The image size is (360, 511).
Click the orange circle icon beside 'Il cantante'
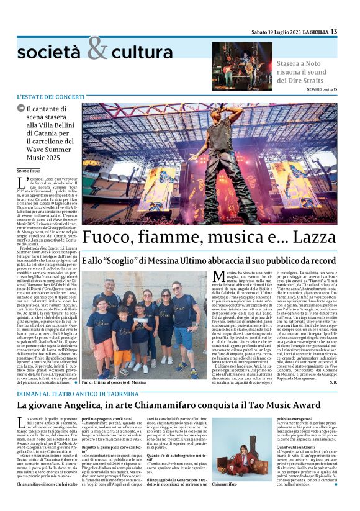(22, 111)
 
